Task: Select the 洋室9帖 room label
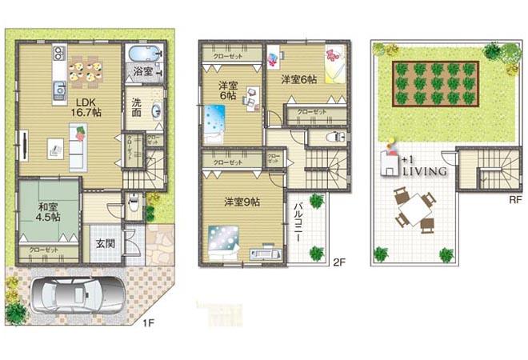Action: (242, 202)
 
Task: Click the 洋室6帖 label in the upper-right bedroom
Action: (299, 80)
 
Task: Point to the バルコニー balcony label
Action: (297, 217)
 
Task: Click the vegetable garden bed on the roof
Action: (435, 82)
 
